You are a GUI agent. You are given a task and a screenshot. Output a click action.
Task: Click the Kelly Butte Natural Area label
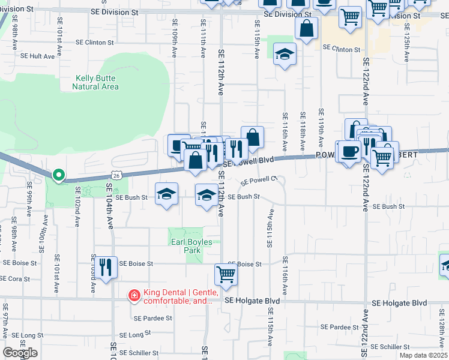95,82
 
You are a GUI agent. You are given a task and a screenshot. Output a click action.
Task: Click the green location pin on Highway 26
58,175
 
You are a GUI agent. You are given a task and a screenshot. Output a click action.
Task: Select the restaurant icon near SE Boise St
106,267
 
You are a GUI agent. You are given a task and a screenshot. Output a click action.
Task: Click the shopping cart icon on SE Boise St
226,274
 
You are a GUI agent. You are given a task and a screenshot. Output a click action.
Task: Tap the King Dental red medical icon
133,295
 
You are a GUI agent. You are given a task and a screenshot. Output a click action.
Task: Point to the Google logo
20,353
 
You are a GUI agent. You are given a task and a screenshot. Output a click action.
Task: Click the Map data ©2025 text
423,355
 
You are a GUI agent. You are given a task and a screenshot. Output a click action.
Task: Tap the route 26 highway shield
116,175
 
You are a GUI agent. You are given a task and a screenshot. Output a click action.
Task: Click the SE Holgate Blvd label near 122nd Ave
399,303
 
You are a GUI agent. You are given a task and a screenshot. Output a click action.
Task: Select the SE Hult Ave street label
37,56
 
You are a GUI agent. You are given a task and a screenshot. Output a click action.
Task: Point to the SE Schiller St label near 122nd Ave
390,347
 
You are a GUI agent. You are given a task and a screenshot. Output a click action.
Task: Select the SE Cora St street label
16,279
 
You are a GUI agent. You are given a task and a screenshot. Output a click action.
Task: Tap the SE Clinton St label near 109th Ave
94,43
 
